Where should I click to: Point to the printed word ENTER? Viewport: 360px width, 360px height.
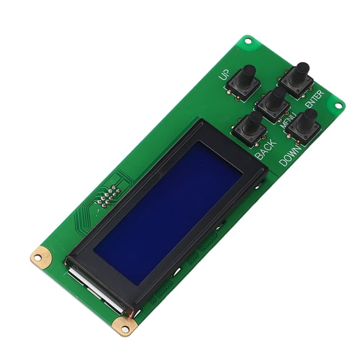click(314, 100)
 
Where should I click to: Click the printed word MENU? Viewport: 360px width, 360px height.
click(289, 119)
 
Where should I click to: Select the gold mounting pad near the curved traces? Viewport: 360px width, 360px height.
click(41, 255)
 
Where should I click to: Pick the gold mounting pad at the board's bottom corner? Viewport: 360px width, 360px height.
click(121, 325)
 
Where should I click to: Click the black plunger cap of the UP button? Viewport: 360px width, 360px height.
click(249, 71)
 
